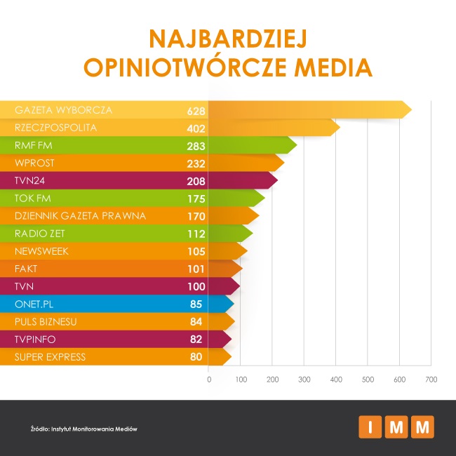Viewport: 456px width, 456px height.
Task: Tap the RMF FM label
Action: [33, 146]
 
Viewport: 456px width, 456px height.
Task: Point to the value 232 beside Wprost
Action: [196, 163]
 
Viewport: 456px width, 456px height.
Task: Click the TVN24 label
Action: [29, 181]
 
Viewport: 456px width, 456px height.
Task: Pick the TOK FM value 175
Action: [196, 199]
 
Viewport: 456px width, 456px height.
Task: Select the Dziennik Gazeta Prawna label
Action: [80, 216]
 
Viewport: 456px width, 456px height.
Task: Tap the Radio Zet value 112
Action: [196, 234]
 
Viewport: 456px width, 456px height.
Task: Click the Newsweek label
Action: [41, 251]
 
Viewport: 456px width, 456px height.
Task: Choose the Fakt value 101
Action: [196, 269]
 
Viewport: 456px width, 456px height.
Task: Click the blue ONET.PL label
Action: [35, 304]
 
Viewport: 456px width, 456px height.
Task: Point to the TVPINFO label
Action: [35, 339]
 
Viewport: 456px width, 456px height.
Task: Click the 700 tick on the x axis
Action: [431, 379]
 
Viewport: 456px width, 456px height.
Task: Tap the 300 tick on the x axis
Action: [304, 379]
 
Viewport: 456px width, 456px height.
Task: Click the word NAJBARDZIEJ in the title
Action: [227, 39]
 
